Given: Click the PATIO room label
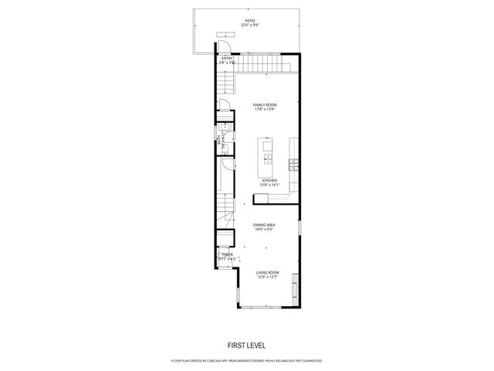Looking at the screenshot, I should [249, 21].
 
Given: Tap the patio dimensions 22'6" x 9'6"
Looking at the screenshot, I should [249, 26].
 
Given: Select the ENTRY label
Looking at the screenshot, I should [227, 58].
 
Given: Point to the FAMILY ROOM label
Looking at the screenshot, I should [265, 104].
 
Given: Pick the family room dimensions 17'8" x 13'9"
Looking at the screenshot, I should [265, 109].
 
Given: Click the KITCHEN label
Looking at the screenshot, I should [269, 181].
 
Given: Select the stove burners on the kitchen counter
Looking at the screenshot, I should [293, 163].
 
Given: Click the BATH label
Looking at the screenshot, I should [220, 141].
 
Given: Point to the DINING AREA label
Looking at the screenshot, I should [265, 225].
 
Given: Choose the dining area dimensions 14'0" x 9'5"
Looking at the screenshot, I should [265, 230].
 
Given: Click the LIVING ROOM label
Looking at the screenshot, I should [268, 272].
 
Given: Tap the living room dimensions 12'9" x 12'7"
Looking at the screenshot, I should [268, 277].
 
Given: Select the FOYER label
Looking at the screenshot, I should [227, 254].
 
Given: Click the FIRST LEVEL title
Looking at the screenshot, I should [246, 345].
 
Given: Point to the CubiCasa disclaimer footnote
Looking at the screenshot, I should [246, 360].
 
